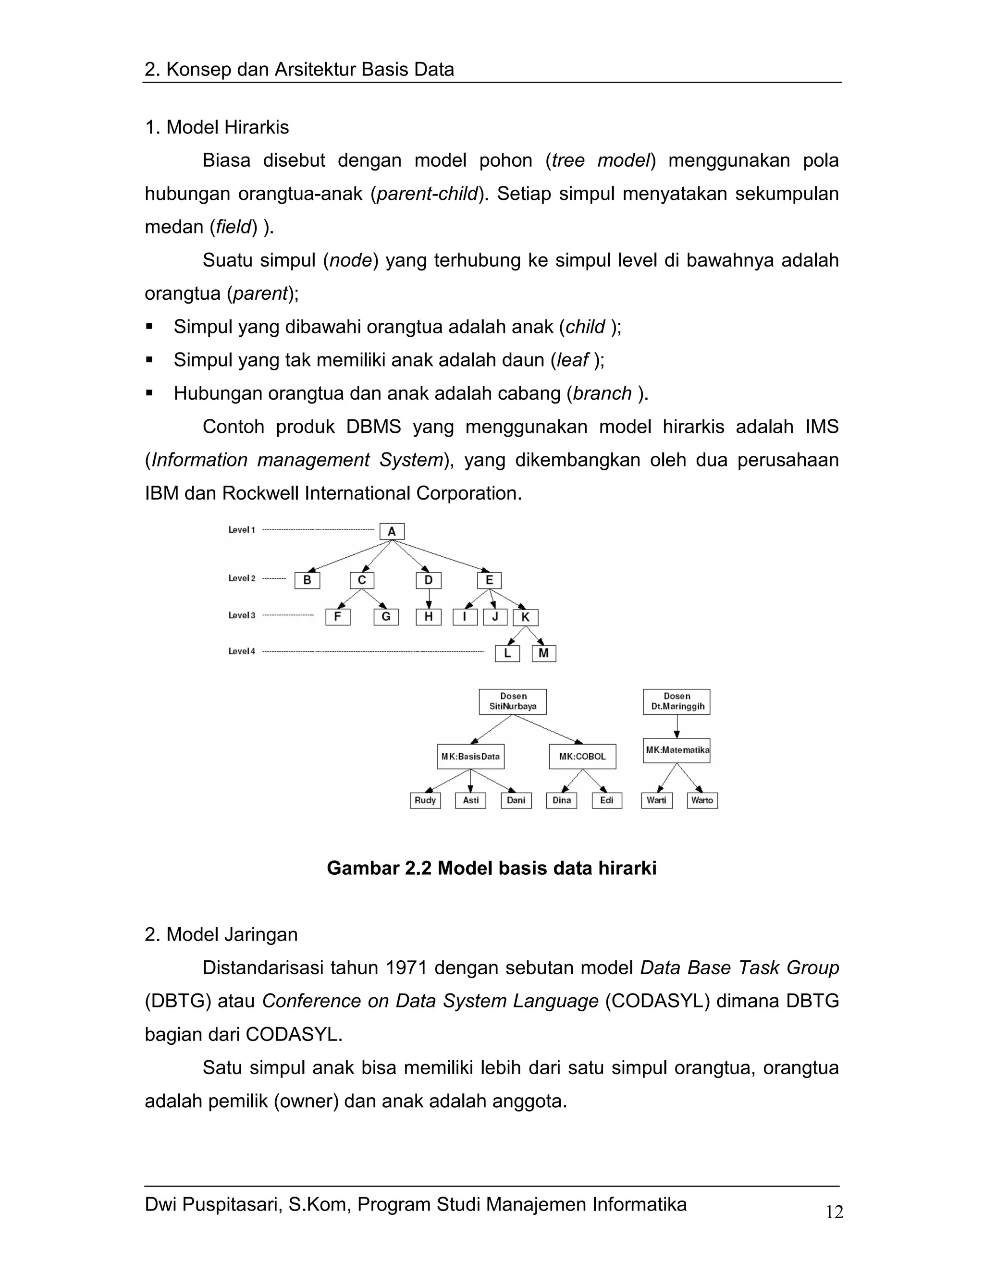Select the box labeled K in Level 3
point(525,617)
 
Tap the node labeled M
point(544,653)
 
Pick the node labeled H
point(429,617)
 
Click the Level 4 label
point(241,651)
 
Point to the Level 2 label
point(241,578)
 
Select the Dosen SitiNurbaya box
point(513,701)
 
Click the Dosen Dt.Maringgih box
point(676,701)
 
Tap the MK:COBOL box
point(582,757)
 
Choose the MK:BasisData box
point(470,757)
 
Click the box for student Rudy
point(425,800)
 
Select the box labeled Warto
point(702,800)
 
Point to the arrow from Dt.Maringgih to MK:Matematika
point(677,726)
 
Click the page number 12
point(834,1212)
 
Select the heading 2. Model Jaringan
point(221,934)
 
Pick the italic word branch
point(602,393)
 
